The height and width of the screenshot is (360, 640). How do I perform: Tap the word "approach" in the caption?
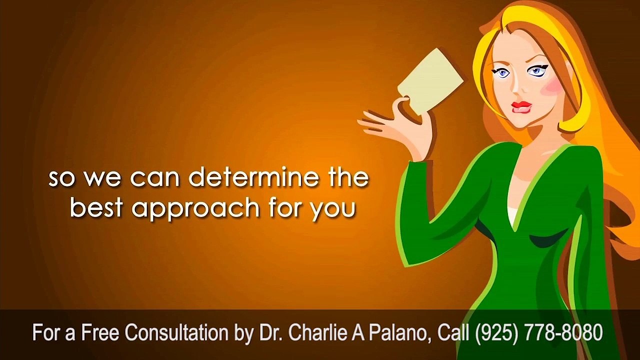pyautogui.click(x=196, y=209)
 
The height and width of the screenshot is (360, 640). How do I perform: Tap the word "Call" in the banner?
pyautogui.click(x=454, y=332)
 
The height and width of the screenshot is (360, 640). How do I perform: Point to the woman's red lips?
pyautogui.click(x=521, y=107)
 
